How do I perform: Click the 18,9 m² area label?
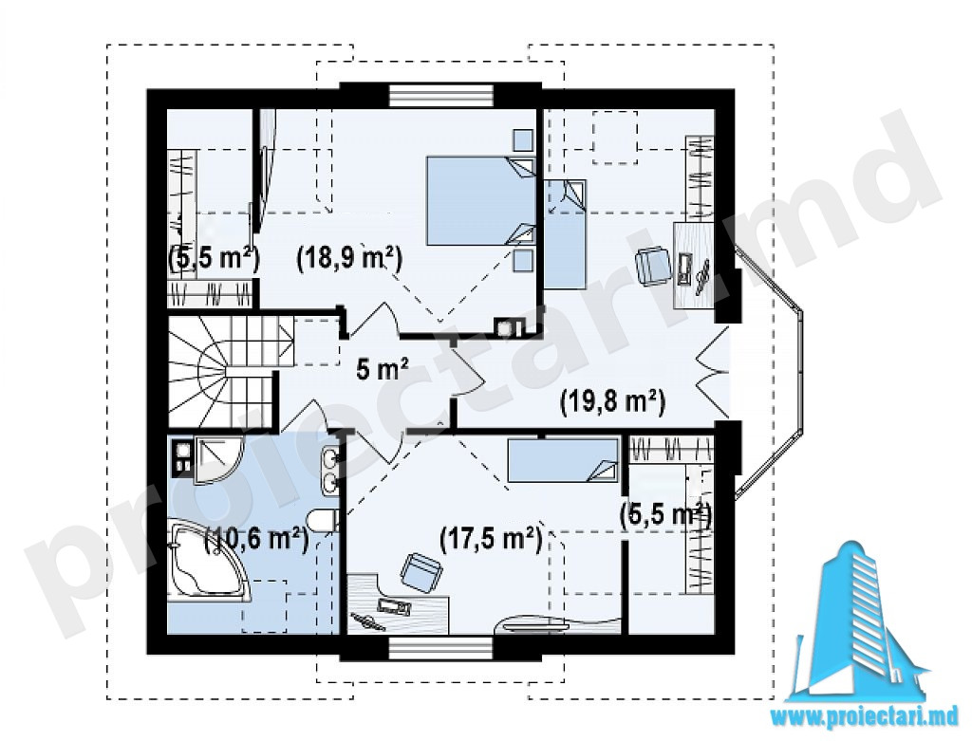[x=349, y=257]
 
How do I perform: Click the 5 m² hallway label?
[x=382, y=370]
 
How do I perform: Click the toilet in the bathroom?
[x=324, y=519]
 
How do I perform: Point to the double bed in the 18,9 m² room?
[x=480, y=200]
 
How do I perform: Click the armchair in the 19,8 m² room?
[x=652, y=264]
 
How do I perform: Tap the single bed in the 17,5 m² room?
[x=563, y=460]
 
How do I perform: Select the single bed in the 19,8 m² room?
[x=565, y=234]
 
